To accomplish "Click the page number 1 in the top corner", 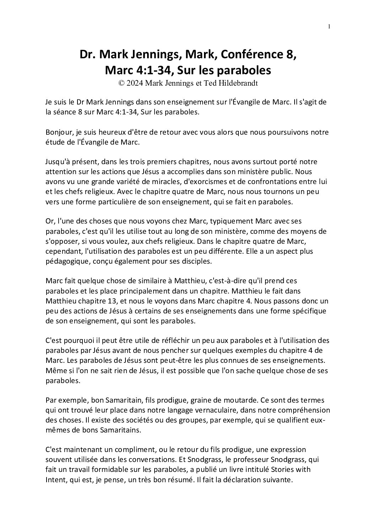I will tap(329, 27).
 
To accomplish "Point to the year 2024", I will tap(134, 83).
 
